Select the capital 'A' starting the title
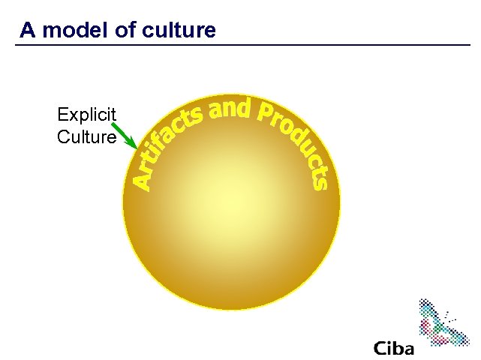click(x=28, y=30)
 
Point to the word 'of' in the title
click(x=123, y=30)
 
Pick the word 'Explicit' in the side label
click(x=86, y=115)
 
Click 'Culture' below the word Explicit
click(x=86, y=137)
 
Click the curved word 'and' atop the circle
click(x=229, y=109)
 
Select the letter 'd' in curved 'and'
click(x=242, y=109)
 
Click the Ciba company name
click(x=393, y=349)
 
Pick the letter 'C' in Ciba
click(x=380, y=349)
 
